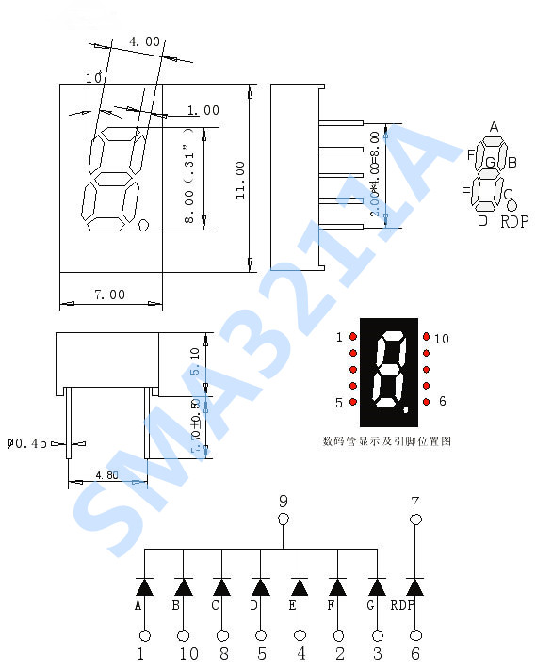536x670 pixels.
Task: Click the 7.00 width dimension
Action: [109, 295]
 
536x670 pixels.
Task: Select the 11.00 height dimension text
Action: [239, 179]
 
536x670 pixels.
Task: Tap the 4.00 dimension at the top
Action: [144, 41]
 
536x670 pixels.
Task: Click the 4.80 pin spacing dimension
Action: [106, 475]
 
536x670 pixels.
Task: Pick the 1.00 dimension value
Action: [203, 111]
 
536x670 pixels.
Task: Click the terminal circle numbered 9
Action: [283, 518]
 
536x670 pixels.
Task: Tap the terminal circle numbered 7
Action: [415, 518]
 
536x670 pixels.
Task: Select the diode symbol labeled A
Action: [144, 587]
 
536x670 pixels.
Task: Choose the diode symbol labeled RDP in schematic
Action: [414, 587]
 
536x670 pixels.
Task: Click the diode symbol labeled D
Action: [261, 587]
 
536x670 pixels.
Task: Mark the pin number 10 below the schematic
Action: [188, 653]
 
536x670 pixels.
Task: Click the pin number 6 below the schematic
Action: [415, 653]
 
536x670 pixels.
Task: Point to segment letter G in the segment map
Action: [490, 162]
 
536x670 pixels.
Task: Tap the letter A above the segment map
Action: [494, 127]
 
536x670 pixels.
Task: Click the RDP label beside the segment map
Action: [513, 222]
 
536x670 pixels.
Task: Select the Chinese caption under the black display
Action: [386, 440]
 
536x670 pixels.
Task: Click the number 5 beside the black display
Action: [339, 403]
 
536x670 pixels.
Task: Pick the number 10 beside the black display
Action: [441, 339]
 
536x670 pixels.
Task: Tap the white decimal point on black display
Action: [405, 409]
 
